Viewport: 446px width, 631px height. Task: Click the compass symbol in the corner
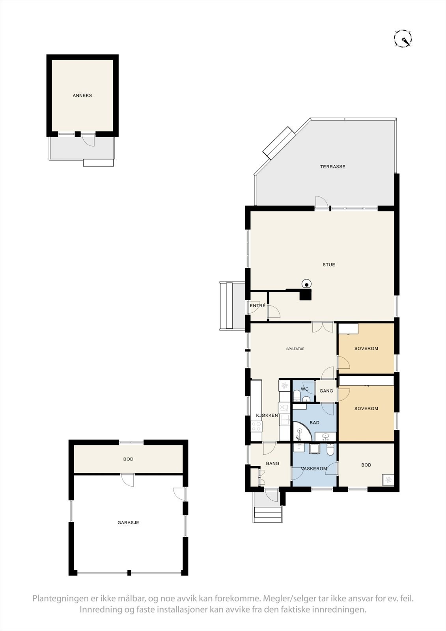tap(403, 39)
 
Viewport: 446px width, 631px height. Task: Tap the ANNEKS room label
tap(82, 95)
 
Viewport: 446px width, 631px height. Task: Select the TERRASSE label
tap(332, 167)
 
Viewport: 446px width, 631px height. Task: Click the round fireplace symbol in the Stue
tap(306, 283)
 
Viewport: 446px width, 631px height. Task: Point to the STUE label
tap(329, 265)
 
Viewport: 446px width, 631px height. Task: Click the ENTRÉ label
tap(258, 306)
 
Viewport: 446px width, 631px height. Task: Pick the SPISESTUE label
tap(295, 349)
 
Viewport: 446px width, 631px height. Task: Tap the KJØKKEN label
tap(267, 415)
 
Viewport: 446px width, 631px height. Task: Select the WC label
tap(305, 389)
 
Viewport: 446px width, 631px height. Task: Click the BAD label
tap(314, 423)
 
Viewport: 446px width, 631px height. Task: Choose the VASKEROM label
tap(314, 469)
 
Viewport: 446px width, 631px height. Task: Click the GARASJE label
tap(128, 523)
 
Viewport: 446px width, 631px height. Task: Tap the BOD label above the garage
tap(128, 459)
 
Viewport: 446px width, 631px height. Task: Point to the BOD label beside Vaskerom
tap(366, 465)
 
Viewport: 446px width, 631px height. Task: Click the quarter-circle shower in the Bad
tap(302, 432)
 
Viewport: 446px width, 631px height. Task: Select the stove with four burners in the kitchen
tap(256, 426)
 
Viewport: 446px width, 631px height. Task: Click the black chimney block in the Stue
tap(305, 294)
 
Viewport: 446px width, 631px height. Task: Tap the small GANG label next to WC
tap(326, 391)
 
